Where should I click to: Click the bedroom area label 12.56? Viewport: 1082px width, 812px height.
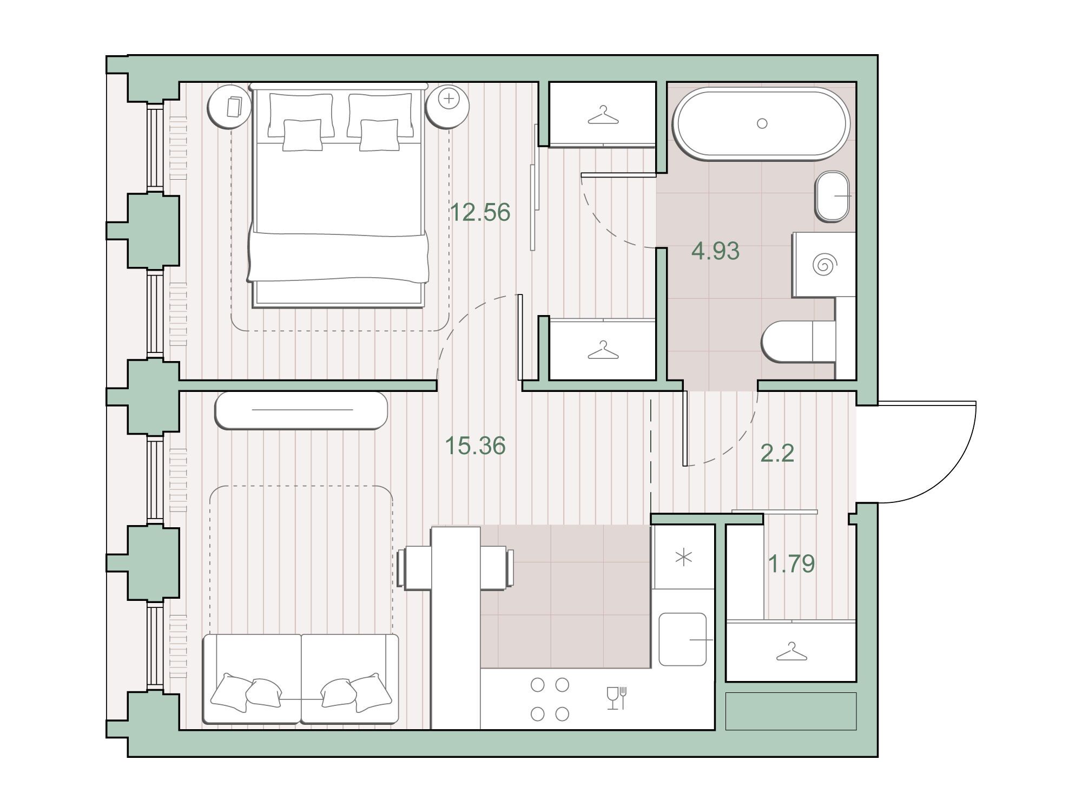(x=480, y=213)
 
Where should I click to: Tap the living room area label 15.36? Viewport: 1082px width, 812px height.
(x=475, y=446)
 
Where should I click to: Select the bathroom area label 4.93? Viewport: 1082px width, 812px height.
(x=715, y=251)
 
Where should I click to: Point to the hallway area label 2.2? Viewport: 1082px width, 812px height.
(x=777, y=453)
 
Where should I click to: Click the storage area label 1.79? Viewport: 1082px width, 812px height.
(x=791, y=564)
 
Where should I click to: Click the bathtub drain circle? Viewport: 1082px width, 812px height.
(x=762, y=123)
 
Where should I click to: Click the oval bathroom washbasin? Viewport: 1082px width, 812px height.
(x=832, y=197)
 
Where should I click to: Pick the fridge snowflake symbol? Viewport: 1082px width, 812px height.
(x=684, y=558)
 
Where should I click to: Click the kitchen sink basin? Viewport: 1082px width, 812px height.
(x=683, y=639)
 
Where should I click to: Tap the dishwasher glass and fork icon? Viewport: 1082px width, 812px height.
(x=616, y=698)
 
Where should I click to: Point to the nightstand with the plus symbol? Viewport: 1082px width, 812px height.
(x=447, y=106)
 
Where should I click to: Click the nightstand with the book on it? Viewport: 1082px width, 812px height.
(x=229, y=107)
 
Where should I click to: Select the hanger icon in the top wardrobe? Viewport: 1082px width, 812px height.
(x=603, y=115)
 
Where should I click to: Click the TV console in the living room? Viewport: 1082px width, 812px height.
(x=301, y=410)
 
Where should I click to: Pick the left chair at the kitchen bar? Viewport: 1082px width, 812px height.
(x=414, y=568)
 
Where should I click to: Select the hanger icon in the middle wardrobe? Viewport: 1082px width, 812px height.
(x=603, y=350)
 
